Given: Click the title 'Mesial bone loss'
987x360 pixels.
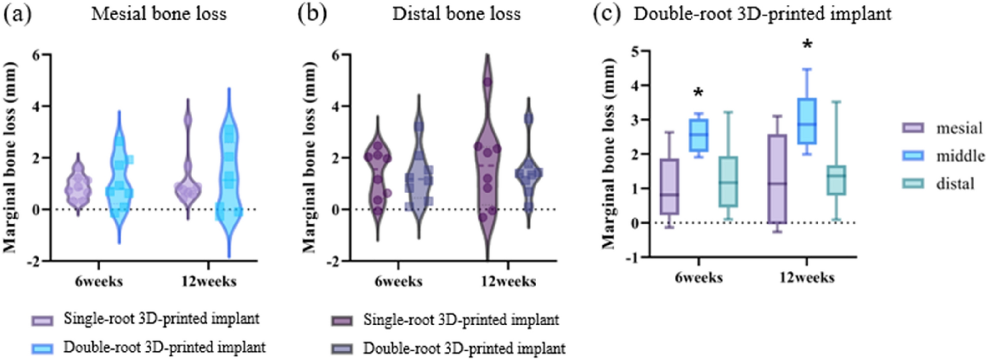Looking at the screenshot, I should [x=159, y=13].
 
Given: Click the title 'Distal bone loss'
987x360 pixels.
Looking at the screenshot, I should [x=456, y=13].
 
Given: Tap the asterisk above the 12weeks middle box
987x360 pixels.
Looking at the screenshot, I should [x=807, y=46].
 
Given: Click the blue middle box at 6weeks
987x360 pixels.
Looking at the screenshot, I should [x=699, y=135].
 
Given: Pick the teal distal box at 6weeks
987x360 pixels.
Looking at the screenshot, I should [x=728, y=181].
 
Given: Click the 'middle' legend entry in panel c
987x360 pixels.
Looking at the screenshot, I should [x=960, y=156].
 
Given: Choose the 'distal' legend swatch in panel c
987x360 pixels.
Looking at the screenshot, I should [x=913, y=183].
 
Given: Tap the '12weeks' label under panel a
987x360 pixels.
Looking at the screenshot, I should [x=209, y=282].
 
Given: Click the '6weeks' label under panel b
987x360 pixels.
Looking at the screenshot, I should [x=398, y=282].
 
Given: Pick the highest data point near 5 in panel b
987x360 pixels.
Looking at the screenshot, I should [x=487, y=82].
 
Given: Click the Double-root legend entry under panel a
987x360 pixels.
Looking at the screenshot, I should [x=164, y=348].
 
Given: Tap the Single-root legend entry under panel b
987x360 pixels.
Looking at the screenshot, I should [x=461, y=320].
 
